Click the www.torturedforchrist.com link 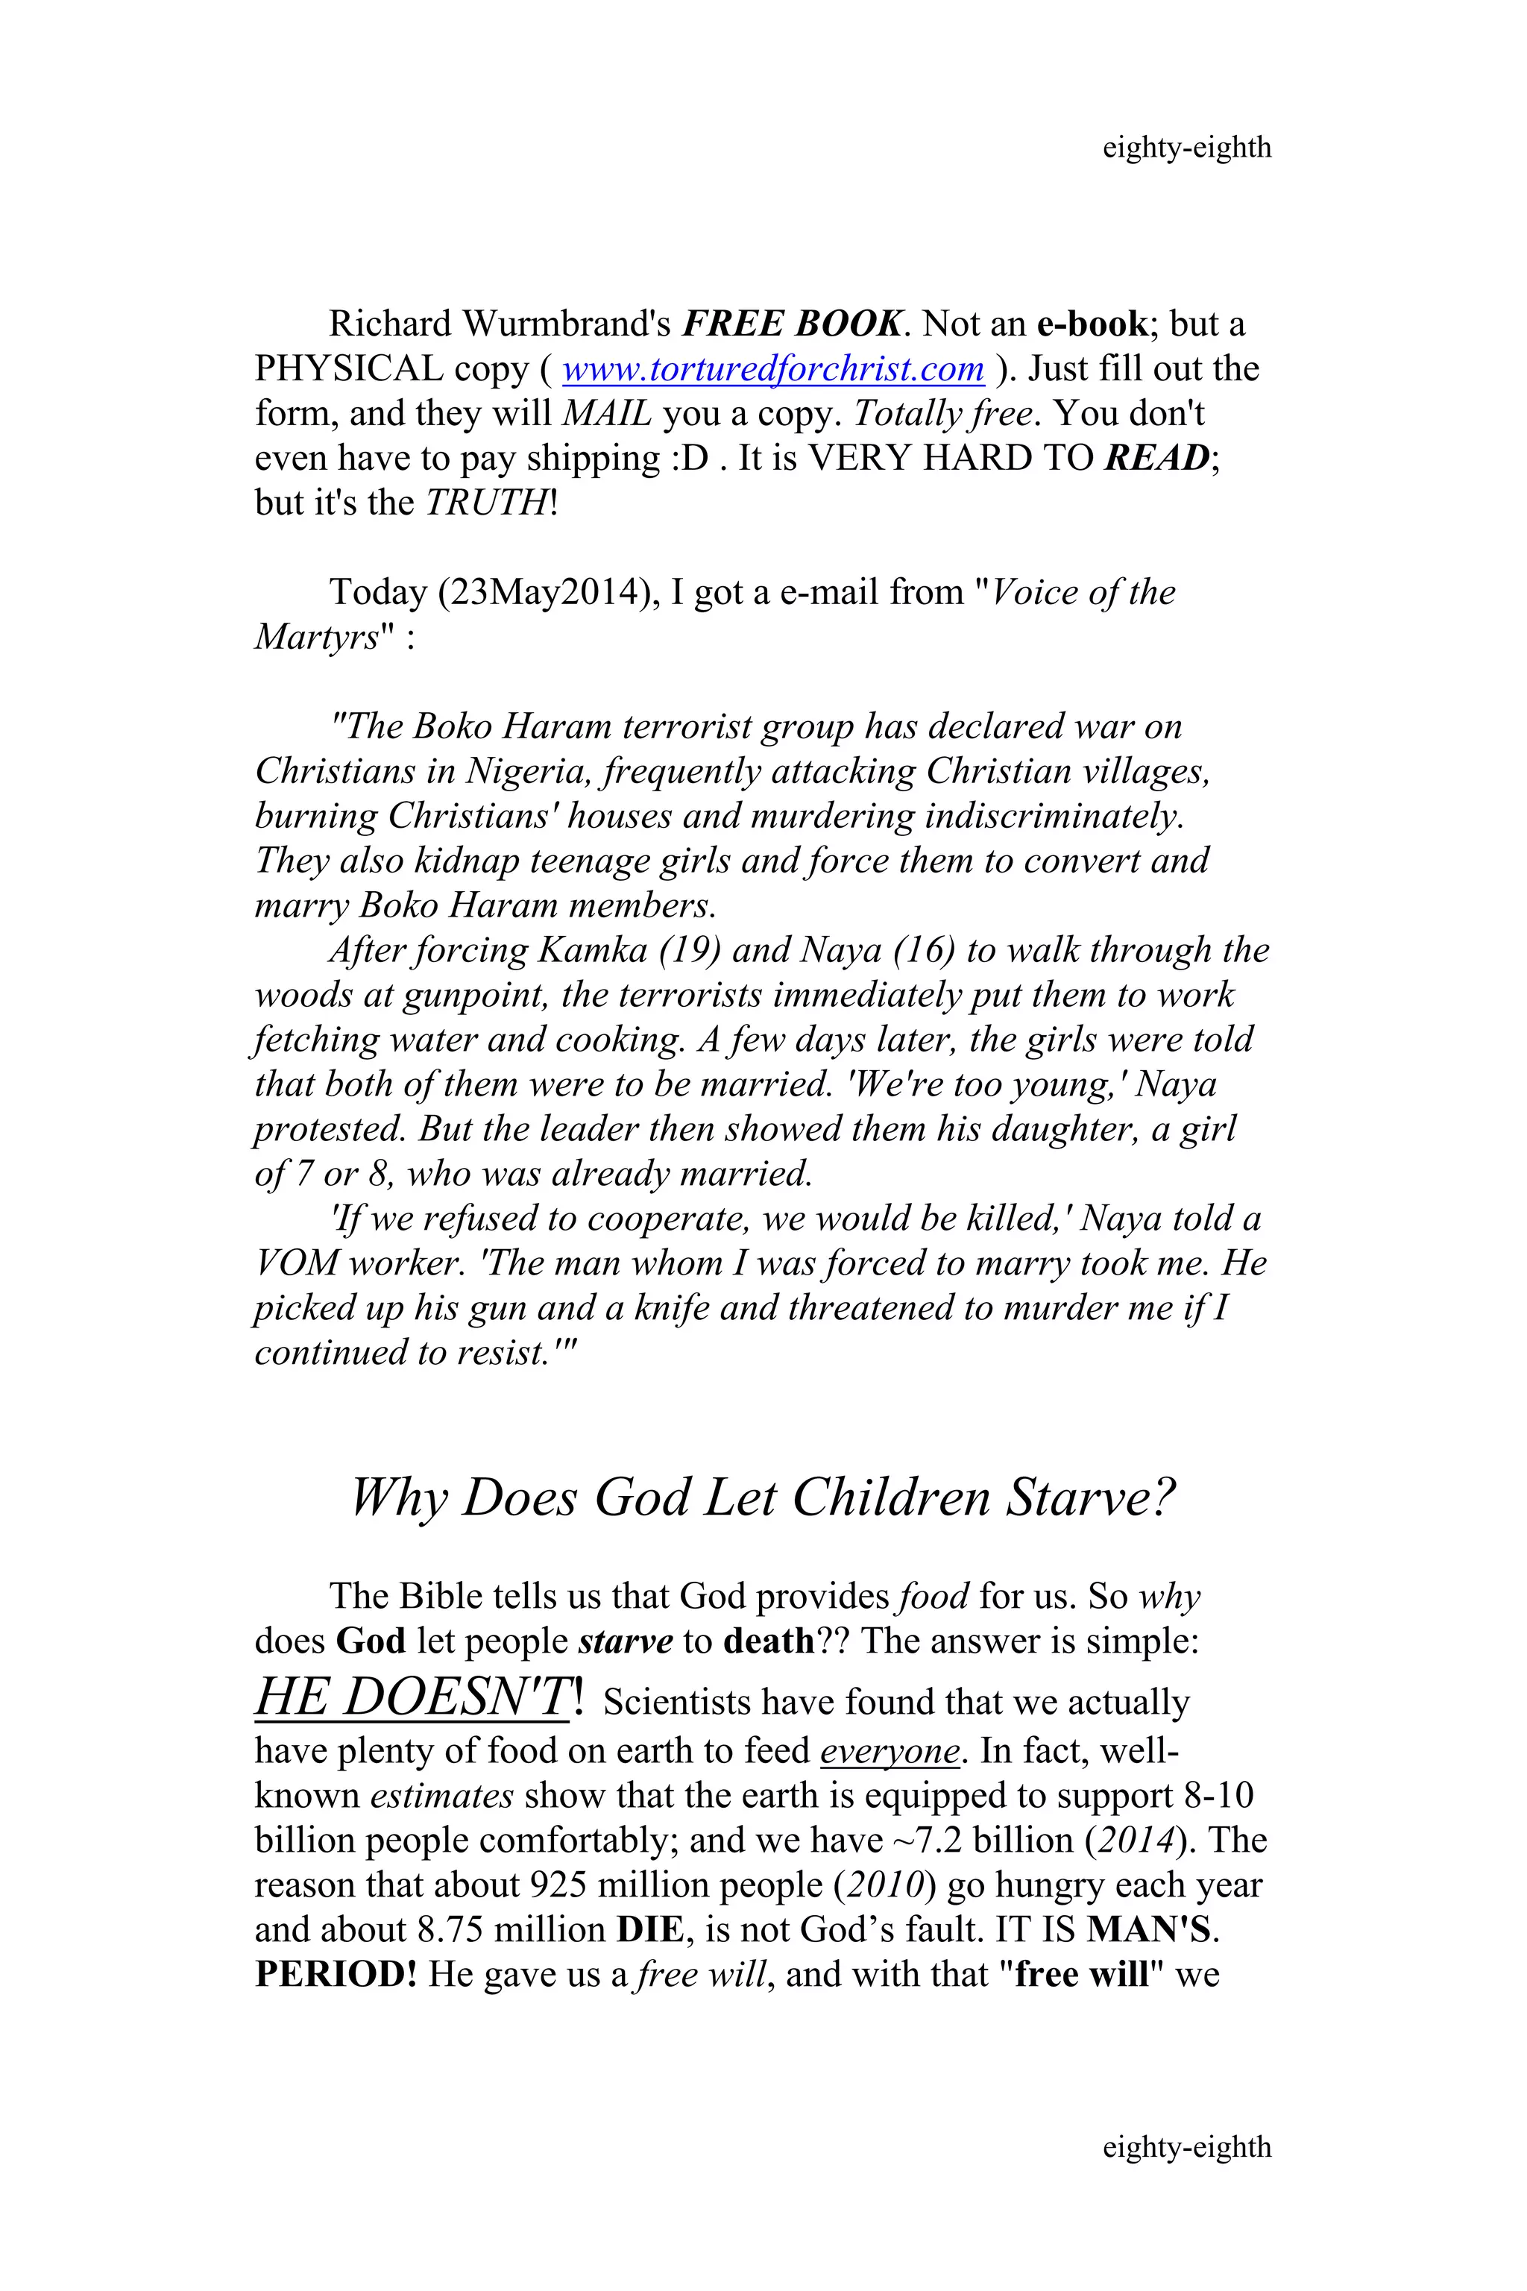coord(772,369)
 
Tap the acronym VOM coord(295,1263)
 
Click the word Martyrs coord(315,637)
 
